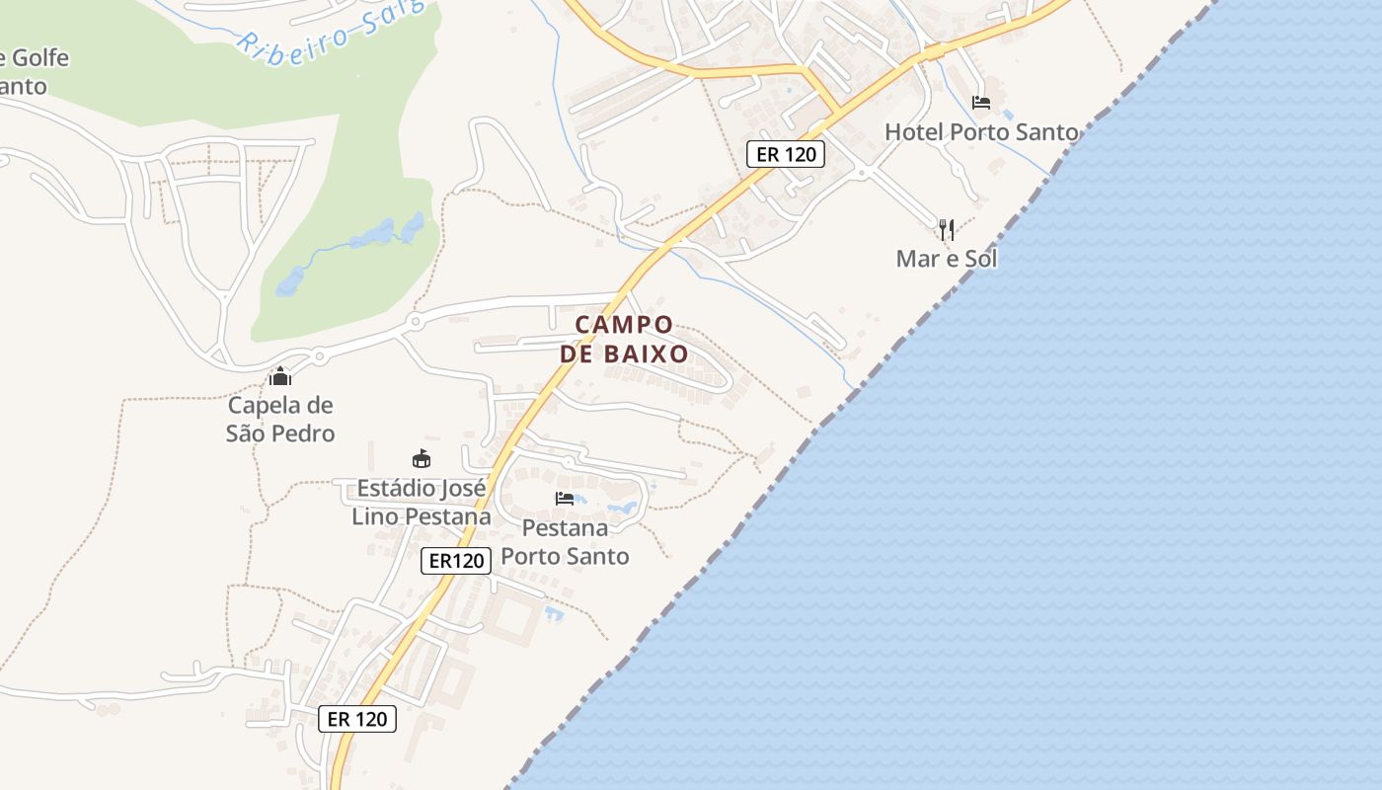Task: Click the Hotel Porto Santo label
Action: click(981, 131)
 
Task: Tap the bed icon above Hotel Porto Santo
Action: click(980, 102)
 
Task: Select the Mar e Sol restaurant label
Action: click(946, 259)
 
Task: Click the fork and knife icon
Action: click(946, 230)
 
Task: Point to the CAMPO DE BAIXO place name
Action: click(624, 339)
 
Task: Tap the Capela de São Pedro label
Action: click(280, 419)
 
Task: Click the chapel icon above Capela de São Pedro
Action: click(280, 376)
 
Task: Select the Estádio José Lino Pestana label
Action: click(422, 502)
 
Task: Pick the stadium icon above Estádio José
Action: click(422, 458)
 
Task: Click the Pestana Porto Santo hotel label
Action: click(565, 541)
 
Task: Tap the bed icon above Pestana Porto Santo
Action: click(565, 498)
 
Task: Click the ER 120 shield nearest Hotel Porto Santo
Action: click(785, 154)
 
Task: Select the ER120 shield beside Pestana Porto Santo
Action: click(456, 561)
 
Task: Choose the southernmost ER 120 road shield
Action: click(357, 719)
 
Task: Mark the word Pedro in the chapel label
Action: click(306, 434)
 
